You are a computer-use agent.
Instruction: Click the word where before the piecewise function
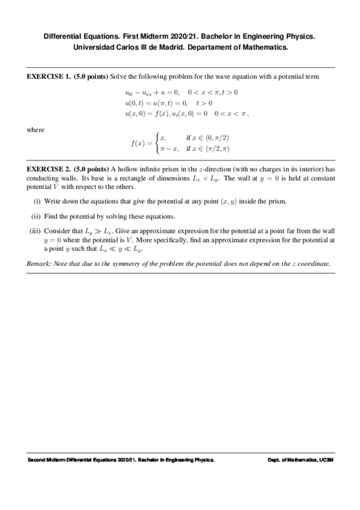[36, 129]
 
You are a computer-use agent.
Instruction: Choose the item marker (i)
[37, 201]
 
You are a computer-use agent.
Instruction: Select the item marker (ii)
[36, 216]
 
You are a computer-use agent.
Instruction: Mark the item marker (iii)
[35, 231]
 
